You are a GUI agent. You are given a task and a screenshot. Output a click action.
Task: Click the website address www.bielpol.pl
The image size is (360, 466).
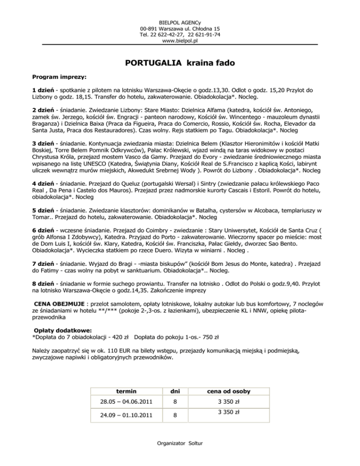[x=180, y=41]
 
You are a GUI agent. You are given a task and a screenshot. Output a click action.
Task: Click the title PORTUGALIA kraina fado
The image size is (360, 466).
[x=180, y=63]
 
